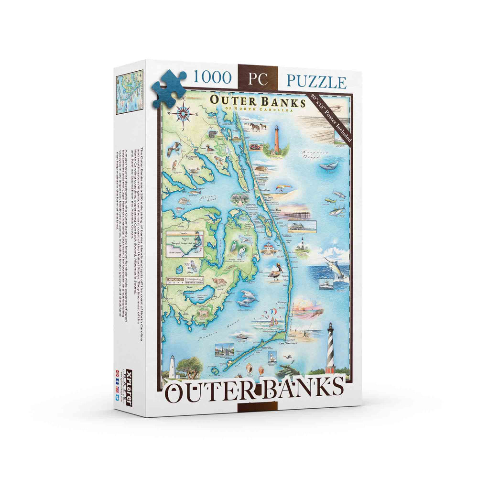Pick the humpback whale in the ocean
tap(329, 165)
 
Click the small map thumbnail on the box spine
tap(130, 92)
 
